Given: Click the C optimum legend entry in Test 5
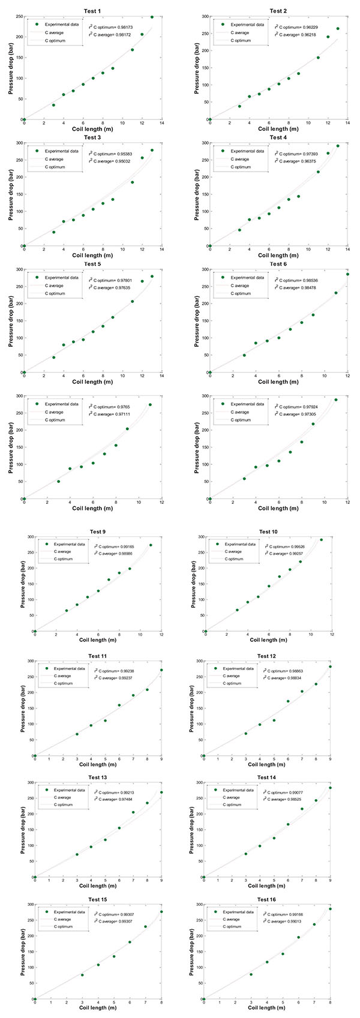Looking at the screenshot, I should tap(58, 293).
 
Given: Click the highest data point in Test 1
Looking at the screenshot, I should tap(152, 17).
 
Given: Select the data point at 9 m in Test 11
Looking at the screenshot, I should tap(161, 670).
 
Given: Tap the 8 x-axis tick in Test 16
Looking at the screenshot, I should tap(330, 1004).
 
